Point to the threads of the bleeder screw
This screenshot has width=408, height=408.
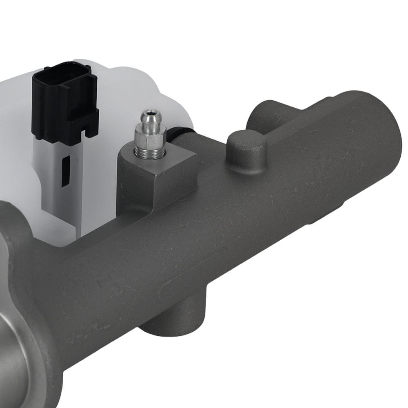pyautogui.click(x=150, y=153)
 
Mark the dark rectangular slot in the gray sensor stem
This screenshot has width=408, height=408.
pyautogui.click(x=65, y=171)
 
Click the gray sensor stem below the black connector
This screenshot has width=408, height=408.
pyautogui.click(x=65, y=184)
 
